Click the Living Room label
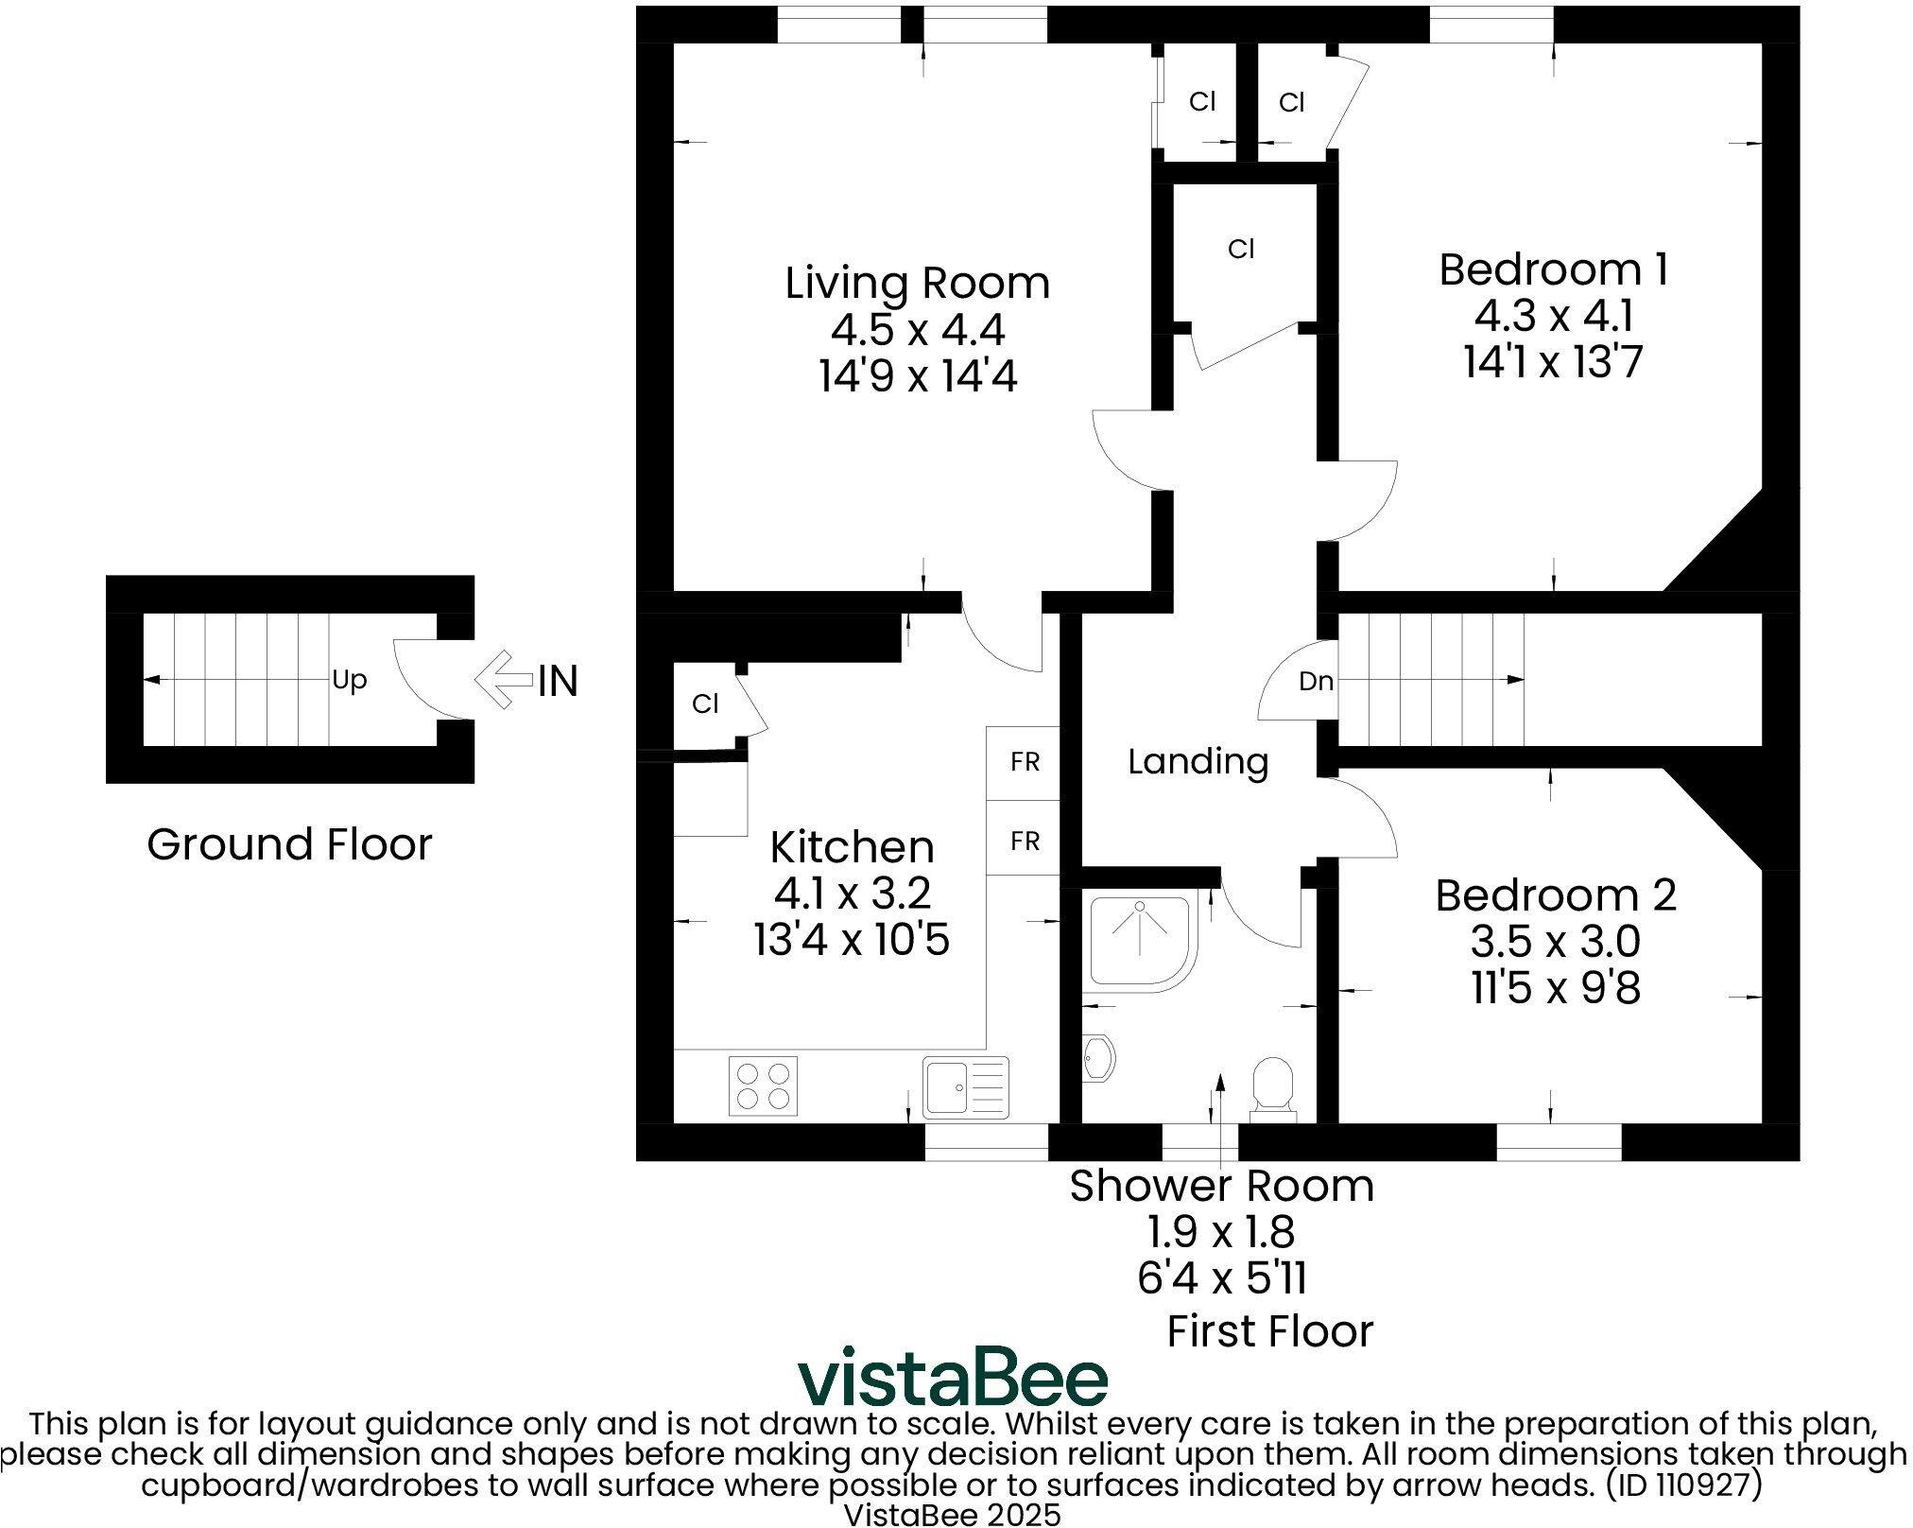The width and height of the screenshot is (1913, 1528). (x=917, y=284)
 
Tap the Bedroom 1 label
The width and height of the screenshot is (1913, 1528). (x=1553, y=269)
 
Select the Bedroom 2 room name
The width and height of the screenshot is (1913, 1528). (x=1555, y=895)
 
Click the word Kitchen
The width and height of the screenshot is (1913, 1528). (x=852, y=847)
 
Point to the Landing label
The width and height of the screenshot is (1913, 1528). (x=1198, y=761)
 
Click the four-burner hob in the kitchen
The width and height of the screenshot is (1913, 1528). (x=763, y=1085)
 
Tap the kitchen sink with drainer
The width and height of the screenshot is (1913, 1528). (x=966, y=1085)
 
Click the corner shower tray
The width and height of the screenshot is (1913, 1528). (x=1141, y=941)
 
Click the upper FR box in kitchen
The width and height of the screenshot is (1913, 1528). (x=1024, y=762)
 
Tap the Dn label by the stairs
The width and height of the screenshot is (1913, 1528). (x=1316, y=681)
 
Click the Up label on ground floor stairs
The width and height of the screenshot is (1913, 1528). (x=349, y=680)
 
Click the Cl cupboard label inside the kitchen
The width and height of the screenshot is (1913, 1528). (x=705, y=703)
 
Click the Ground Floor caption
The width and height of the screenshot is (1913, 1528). (x=289, y=844)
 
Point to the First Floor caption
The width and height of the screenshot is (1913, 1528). (x=1269, y=1331)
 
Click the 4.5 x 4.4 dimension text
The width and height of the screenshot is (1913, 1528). (x=917, y=330)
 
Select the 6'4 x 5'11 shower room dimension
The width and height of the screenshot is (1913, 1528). (x=1222, y=1279)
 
